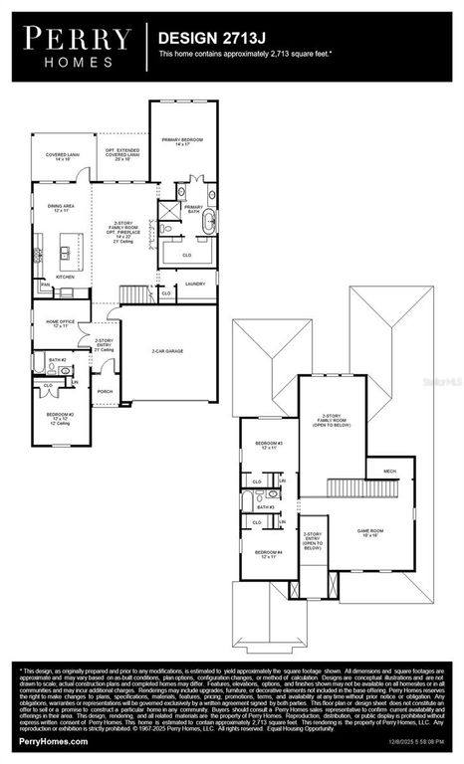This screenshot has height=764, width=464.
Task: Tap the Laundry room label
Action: [195, 284]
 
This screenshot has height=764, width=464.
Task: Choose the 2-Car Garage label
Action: [168, 351]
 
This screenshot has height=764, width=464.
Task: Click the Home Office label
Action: [61, 323]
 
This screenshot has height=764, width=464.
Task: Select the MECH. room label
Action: [388, 472]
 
